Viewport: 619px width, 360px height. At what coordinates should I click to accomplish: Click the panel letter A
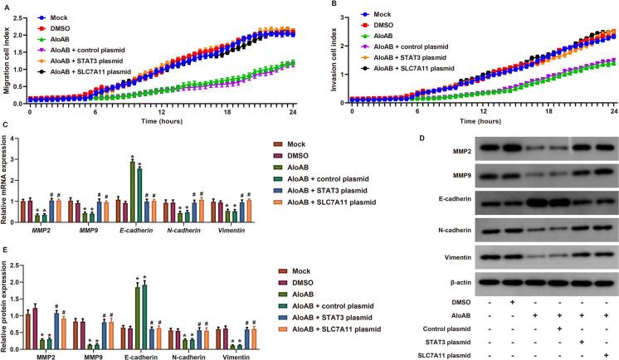coord(6,5)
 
